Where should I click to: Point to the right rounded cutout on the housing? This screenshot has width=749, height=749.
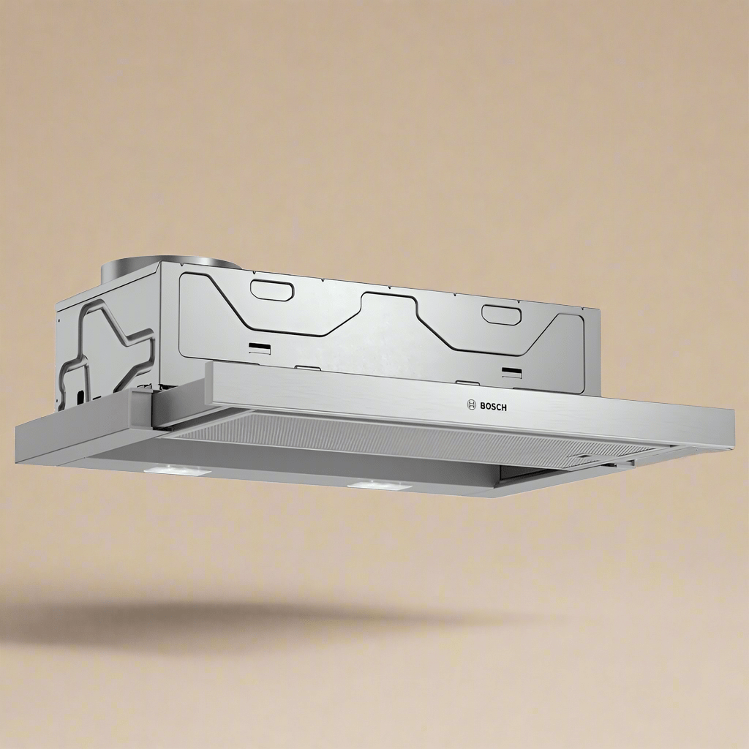500,313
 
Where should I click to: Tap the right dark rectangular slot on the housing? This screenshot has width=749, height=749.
512,371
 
